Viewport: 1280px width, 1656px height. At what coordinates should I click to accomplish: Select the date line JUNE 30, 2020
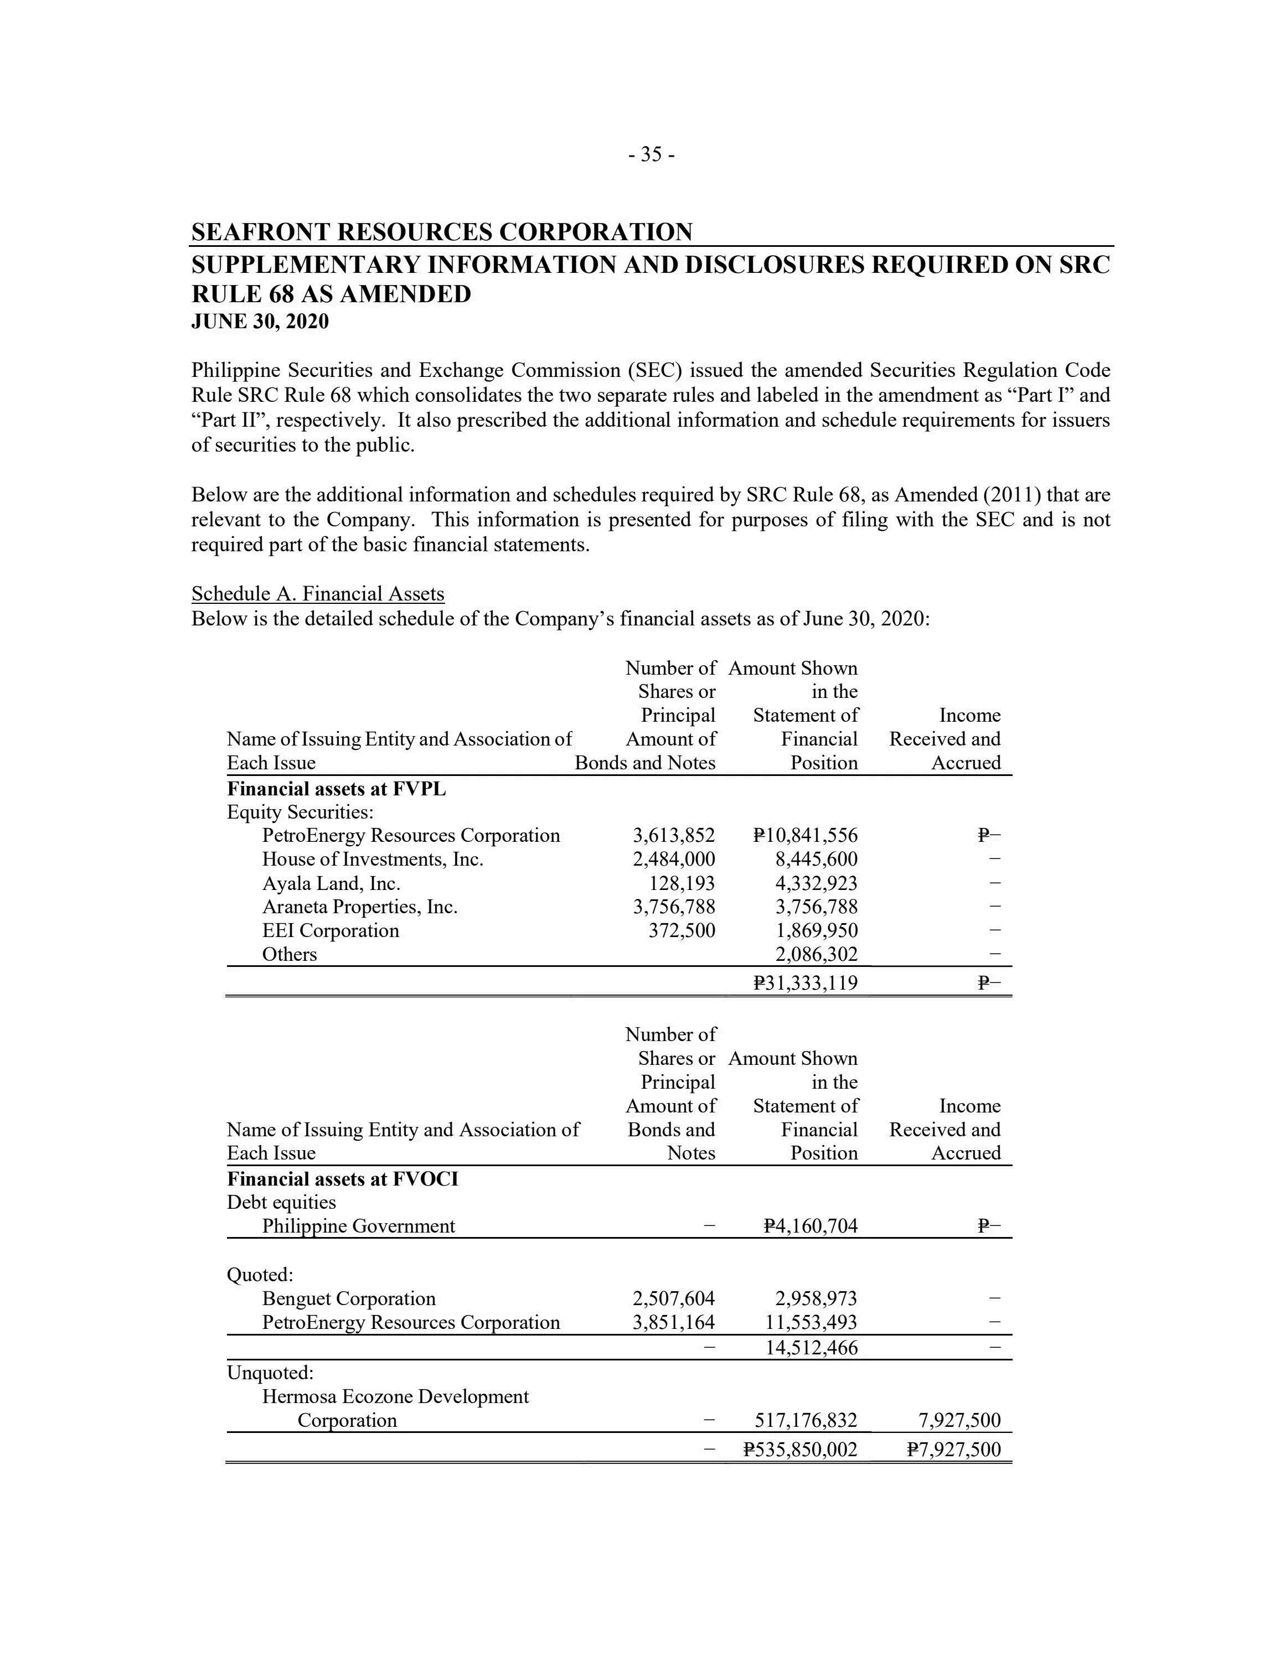[x=260, y=322]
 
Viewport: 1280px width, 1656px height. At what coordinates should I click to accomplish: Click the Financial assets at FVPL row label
[x=336, y=789]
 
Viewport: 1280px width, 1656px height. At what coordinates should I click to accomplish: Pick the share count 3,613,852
[x=673, y=836]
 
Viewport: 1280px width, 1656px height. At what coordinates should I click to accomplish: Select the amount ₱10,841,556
[x=806, y=836]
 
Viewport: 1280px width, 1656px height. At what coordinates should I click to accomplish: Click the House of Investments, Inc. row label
[x=373, y=859]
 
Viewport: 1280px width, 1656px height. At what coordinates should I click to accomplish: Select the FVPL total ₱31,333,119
[x=806, y=984]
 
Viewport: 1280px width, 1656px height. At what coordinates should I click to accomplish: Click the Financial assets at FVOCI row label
[x=342, y=1179]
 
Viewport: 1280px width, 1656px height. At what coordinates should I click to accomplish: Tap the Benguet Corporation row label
[x=349, y=1299]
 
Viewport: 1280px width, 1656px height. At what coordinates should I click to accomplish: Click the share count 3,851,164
[x=673, y=1322]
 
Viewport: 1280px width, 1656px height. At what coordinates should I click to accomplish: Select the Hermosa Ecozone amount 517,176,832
[x=806, y=1420]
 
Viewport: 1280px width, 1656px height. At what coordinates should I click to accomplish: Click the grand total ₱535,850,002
[x=800, y=1450]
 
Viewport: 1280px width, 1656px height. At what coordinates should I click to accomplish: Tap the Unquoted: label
[x=270, y=1373]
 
